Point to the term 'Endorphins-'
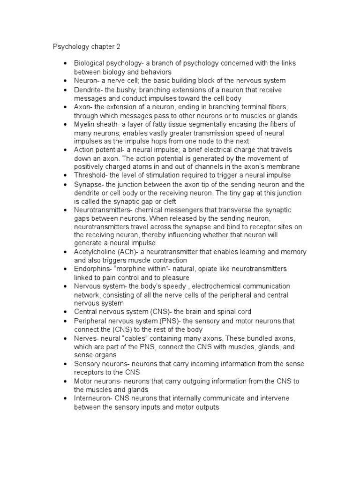[x=92, y=269]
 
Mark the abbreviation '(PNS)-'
[x=169, y=321]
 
